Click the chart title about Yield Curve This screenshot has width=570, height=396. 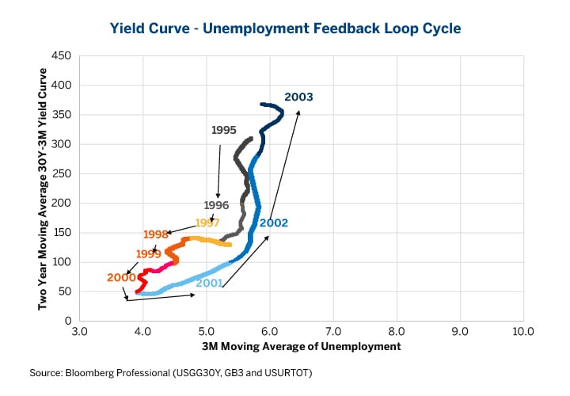[x=284, y=29]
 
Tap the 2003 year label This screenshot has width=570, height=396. [x=298, y=97]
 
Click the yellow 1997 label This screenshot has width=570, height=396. [x=207, y=223]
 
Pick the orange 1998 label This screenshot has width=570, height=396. [x=156, y=234]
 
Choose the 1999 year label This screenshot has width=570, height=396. [x=148, y=253]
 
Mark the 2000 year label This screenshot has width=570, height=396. [x=121, y=277]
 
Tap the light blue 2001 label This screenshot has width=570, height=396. [x=208, y=283]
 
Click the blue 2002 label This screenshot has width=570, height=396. [x=273, y=223]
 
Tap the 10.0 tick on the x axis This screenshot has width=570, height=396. [x=522, y=333]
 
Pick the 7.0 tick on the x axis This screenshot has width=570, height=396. [x=332, y=333]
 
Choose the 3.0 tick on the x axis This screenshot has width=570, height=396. [x=79, y=333]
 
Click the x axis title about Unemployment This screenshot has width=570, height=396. [x=301, y=346]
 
